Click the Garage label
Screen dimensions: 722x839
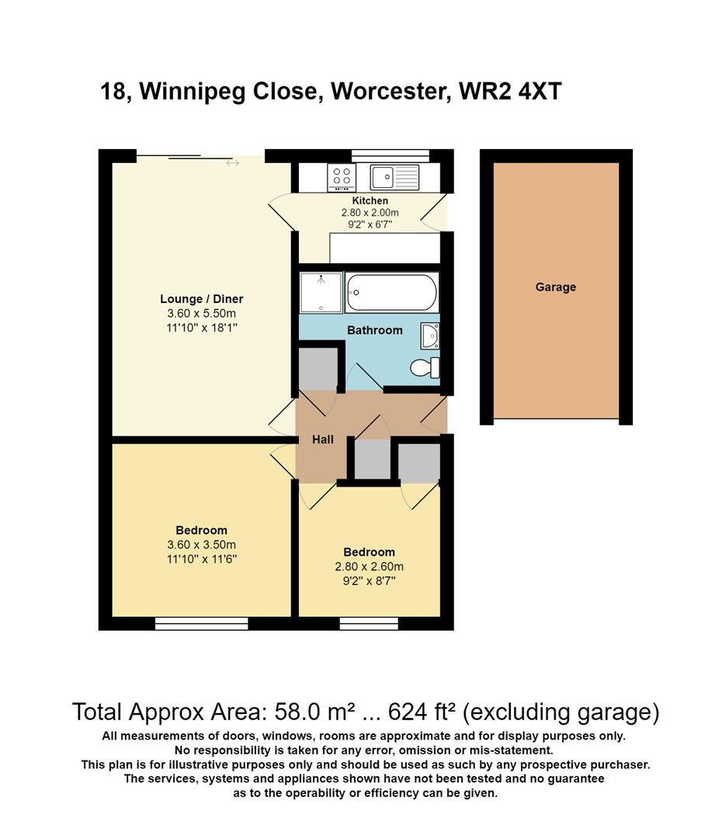(556, 287)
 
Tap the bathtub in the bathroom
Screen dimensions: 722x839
(392, 292)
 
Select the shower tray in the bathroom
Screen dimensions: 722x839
(321, 292)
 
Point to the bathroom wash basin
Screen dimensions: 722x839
(430, 336)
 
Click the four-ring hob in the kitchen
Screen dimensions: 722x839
(342, 177)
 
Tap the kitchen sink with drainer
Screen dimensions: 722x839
(394, 177)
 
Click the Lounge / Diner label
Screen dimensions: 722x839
(202, 298)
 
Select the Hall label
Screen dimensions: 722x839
(323, 439)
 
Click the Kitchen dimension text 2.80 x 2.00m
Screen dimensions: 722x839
(370, 212)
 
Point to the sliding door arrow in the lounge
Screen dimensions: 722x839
(233, 162)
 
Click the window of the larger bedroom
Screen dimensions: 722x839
(202, 623)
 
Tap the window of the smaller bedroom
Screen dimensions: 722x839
(369, 623)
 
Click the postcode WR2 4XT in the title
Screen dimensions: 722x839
(510, 91)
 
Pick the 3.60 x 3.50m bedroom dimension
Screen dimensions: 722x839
(202, 545)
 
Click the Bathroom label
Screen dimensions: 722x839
(375, 330)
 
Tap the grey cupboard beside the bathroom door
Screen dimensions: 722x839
(318, 369)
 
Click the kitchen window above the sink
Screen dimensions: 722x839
(391, 155)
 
